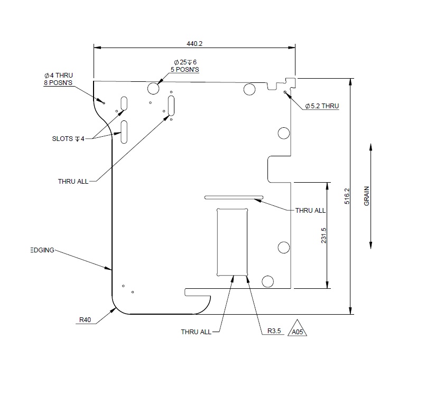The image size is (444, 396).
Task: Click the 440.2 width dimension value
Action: pyautogui.click(x=195, y=44)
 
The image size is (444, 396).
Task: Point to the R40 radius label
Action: pyautogui.click(x=86, y=319)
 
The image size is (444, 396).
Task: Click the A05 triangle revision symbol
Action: pyautogui.click(x=298, y=329)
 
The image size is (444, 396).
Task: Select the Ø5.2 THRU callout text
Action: pyautogui.click(x=322, y=106)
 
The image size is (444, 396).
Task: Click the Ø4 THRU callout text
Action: pyautogui.click(x=58, y=76)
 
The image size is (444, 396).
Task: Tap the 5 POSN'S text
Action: pyautogui.click(x=185, y=69)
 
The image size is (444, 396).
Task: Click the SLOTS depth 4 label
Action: pyautogui.click(x=68, y=139)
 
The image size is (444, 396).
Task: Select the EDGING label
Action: pyautogui.click(x=41, y=250)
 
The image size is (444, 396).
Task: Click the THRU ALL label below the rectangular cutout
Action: pyautogui.click(x=196, y=332)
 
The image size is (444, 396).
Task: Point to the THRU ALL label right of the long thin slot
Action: pyautogui.click(x=310, y=210)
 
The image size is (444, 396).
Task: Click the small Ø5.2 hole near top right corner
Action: pyautogui.click(x=285, y=92)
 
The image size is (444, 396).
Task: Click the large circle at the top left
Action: pyautogui.click(x=154, y=87)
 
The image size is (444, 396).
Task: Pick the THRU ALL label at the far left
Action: pyautogui.click(x=73, y=181)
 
